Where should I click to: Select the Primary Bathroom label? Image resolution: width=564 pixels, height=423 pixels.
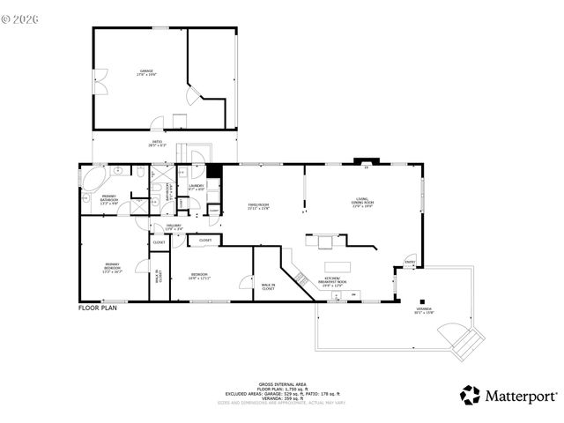pyautogui.click(x=109, y=198)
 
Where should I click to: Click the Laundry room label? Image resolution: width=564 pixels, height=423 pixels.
pyautogui.click(x=197, y=187)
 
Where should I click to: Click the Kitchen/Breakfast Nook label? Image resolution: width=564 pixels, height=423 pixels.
pyautogui.click(x=334, y=282)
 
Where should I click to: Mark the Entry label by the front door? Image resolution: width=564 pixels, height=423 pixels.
pyautogui.click(x=410, y=262)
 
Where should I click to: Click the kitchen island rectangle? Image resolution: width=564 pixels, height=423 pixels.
pyautogui.click(x=338, y=266)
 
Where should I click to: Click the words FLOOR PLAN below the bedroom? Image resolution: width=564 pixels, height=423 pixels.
pyautogui.click(x=97, y=308)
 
